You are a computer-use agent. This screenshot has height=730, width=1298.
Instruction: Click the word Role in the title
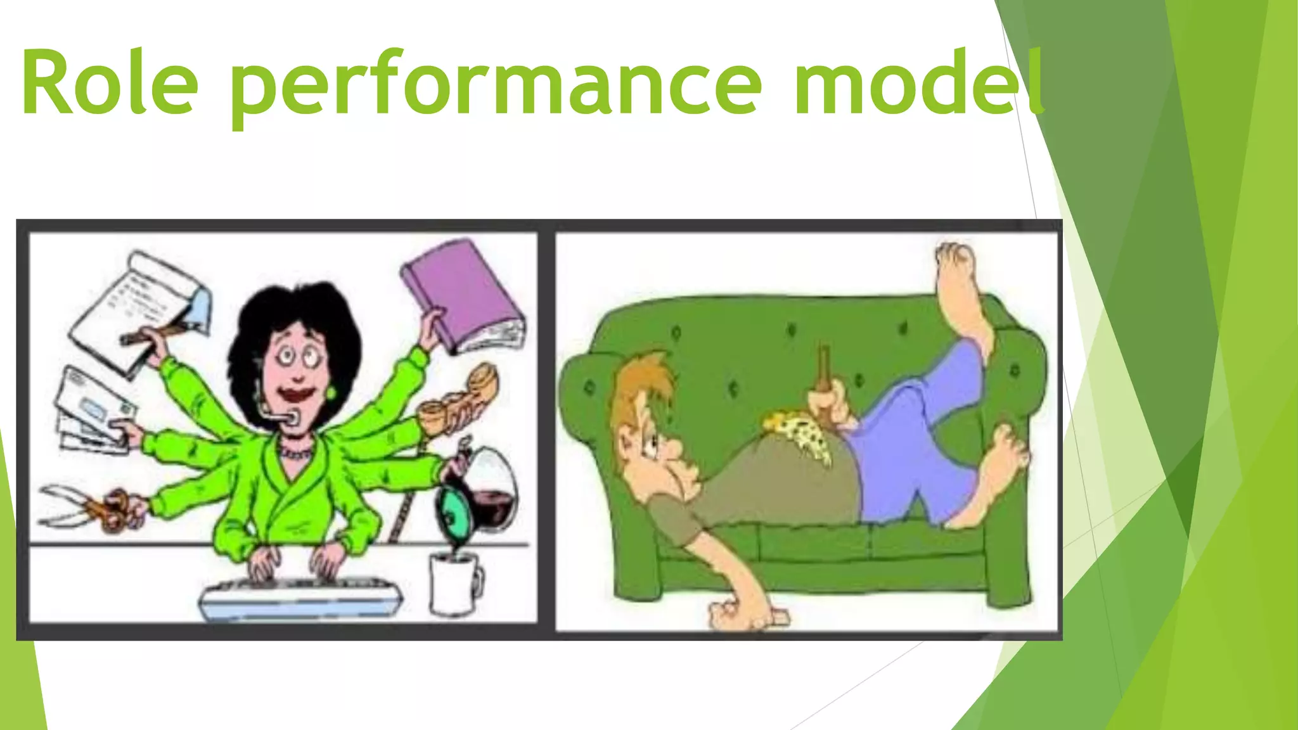click(109, 84)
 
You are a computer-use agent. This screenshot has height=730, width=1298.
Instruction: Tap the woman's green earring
click(330, 393)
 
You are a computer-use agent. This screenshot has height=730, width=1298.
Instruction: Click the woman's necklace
click(295, 452)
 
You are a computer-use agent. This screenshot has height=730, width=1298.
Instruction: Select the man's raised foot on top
click(960, 285)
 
